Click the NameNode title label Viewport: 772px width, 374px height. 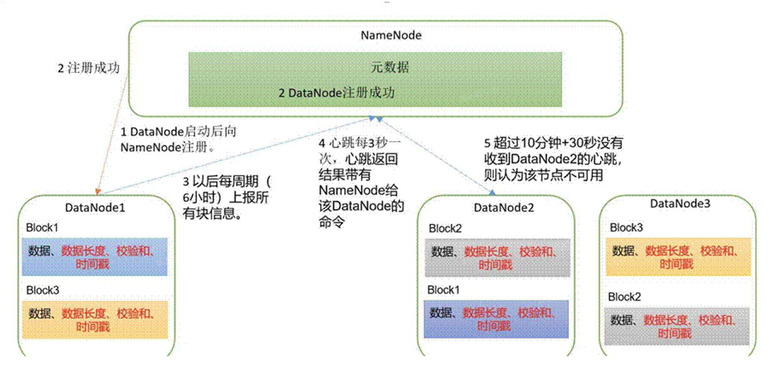tap(391, 35)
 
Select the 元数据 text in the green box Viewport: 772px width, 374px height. tap(390, 67)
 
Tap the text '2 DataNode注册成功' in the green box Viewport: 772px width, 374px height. tap(337, 93)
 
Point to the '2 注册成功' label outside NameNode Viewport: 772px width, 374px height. tap(89, 68)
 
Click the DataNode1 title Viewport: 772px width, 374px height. tap(95, 208)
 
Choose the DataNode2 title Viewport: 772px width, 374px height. tap(504, 208)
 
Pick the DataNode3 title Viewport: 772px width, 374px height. tap(680, 203)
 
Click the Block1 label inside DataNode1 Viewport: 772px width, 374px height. tap(42, 228)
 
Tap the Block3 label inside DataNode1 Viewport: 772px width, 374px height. tap(43, 290)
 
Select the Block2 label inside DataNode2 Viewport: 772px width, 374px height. tap(445, 228)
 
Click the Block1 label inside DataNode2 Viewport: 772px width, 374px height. tap(443, 290)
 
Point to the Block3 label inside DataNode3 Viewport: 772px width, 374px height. tap(626, 228)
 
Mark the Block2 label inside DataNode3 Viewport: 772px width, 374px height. tap(624, 297)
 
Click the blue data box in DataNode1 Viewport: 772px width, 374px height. tap(94, 257)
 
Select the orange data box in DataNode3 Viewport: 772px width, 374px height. tap(678, 257)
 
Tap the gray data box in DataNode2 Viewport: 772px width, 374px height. tap(497, 258)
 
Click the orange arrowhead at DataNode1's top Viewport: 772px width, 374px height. tap(98, 191)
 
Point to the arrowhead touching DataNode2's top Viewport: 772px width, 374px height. tap(492, 192)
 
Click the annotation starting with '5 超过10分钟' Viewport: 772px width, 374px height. tap(553, 159)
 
